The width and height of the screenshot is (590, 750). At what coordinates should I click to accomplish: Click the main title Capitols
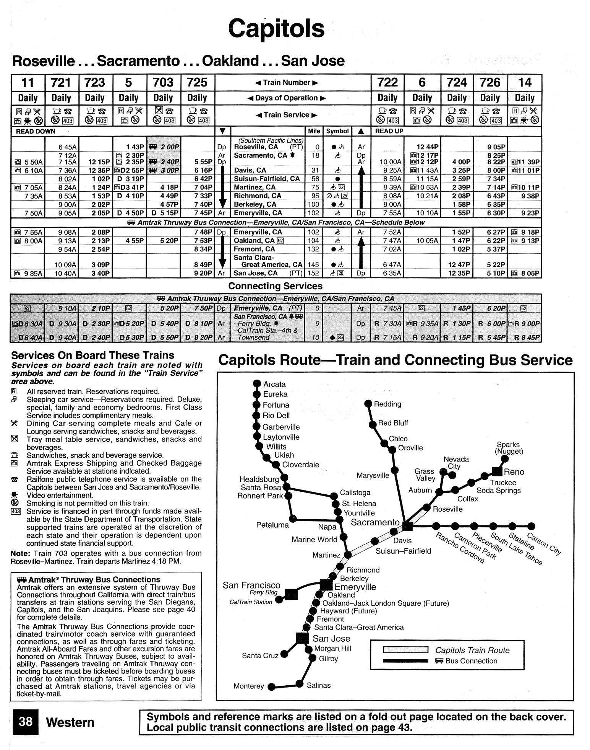coord(276,28)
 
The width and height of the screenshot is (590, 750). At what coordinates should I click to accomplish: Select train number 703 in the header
coord(163,82)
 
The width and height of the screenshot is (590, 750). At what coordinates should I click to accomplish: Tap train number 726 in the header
coord(490,82)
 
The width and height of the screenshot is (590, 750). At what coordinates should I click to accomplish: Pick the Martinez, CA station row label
coord(254,187)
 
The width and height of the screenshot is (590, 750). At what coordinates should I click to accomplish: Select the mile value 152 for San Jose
coord(313,273)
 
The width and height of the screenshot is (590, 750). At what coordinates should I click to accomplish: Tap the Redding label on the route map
coord(387,404)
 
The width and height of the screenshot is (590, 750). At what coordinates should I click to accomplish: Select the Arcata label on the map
coord(274,384)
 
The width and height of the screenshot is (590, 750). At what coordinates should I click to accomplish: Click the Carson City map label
coord(544,544)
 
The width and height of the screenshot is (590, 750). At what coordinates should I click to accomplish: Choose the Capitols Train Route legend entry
coord(472,650)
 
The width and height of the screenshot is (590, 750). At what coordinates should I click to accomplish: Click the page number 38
coord(26,721)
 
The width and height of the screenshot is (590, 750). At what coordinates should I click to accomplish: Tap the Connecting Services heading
coord(275,286)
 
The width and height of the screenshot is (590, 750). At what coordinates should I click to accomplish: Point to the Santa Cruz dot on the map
coord(284,654)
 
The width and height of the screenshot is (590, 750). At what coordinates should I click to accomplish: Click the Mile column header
coord(314,131)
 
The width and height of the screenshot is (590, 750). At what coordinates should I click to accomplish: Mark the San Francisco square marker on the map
coord(292,594)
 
